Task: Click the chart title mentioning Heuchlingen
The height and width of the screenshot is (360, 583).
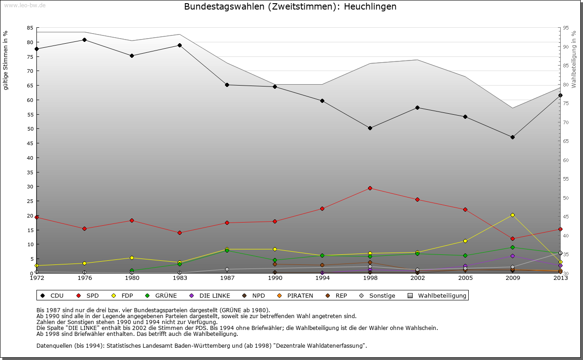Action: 290,7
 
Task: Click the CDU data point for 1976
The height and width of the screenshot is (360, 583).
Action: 84,40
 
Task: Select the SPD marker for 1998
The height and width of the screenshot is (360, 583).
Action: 370,188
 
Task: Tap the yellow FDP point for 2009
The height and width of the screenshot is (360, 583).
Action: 512,215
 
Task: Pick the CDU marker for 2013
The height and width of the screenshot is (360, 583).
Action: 560,95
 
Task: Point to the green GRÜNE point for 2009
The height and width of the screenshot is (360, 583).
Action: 512,247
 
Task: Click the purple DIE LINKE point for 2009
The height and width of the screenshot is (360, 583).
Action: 512,256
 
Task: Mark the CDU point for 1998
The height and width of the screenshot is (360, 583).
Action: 370,128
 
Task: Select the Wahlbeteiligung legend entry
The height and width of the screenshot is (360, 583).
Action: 438,296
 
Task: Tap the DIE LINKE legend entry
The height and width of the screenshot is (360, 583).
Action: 210,296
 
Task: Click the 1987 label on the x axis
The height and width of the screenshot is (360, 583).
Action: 227,278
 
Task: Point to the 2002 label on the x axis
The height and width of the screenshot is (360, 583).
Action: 417,278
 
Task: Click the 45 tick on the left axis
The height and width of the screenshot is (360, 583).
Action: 30,143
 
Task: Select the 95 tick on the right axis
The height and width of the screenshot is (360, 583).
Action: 566,28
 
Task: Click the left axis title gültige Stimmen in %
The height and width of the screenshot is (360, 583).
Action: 6,61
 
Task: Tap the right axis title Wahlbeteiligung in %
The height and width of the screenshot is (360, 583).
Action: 574,60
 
